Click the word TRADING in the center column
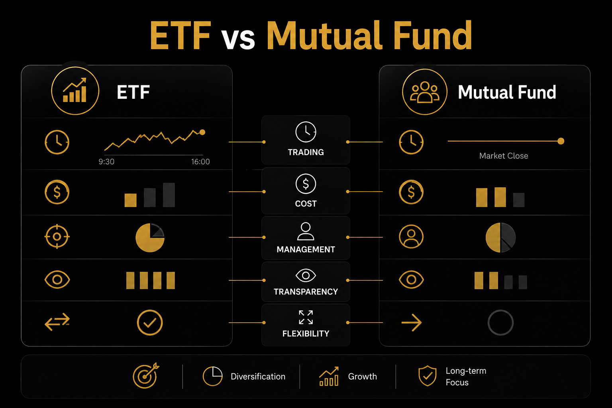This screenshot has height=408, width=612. [x=306, y=152]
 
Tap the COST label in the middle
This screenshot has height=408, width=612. [x=306, y=204]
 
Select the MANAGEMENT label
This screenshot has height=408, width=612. [x=306, y=249]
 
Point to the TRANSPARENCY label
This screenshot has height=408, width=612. [x=306, y=292]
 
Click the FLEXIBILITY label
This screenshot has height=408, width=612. [x=306, y=333]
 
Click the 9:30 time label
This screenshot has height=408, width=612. [x=106, y=161]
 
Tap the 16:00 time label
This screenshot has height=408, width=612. [x=200, y=161]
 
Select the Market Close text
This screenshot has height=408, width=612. [x=504, y=156]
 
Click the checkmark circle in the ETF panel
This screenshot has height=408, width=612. [x=150, y=310]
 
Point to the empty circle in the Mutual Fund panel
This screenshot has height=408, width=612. [x=500, y=310]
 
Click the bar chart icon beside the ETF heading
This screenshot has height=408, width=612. [x=75, y=91]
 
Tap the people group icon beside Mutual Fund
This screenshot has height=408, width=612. [x=425, y=92]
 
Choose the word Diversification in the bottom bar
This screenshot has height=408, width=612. [x=258, y=376]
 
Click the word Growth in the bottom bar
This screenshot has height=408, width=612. [x=362, y=376]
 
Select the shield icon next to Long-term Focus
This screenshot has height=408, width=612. [x=427, y=376]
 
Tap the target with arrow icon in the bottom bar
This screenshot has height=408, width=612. [x=145, y=375]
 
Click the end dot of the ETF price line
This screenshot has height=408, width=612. [x=202, y=132]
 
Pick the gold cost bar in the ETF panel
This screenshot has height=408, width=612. [x=130, y=200]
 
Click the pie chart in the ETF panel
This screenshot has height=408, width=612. [x=150, y=237]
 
